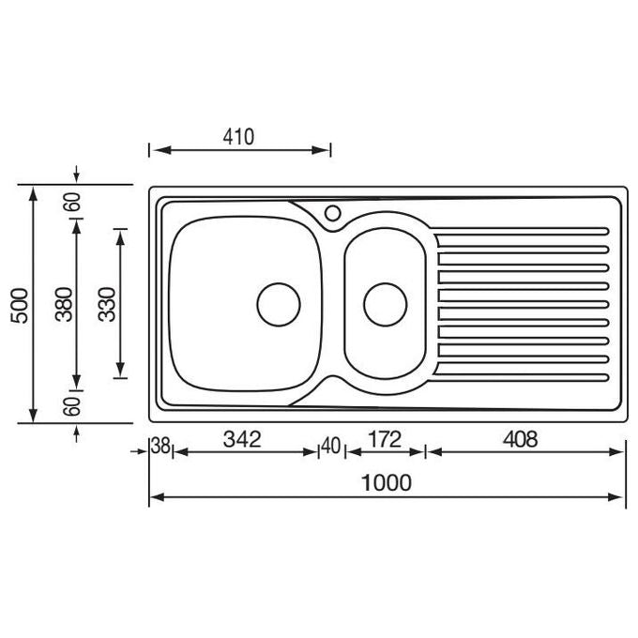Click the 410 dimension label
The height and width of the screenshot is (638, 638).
click(x=238, y=137)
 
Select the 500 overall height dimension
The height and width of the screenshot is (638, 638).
click(x=20, y=306)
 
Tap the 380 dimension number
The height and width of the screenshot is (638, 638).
click(x=64, y=304)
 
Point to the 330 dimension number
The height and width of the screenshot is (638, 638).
click(x=107, y=304)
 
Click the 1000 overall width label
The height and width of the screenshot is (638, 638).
click(x=387, y=483)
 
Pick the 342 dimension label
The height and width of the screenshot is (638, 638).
click(x=242, y=439)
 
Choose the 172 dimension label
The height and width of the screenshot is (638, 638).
click(x=385, y=439)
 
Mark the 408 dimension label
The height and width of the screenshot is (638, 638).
click(x=521, y=439)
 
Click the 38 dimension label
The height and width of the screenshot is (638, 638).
click(x=160, y=446)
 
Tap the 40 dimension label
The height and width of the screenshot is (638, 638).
click(x=331, y=446)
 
